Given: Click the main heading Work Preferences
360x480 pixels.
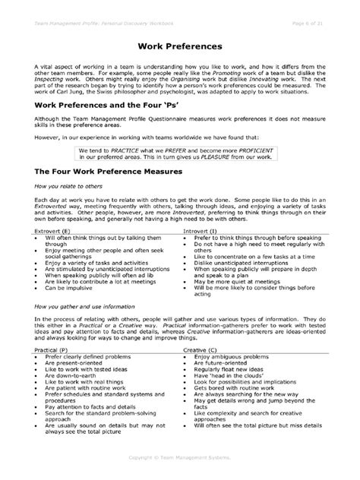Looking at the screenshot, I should [180, 46].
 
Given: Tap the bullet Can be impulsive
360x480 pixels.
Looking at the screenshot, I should [72, 289].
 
